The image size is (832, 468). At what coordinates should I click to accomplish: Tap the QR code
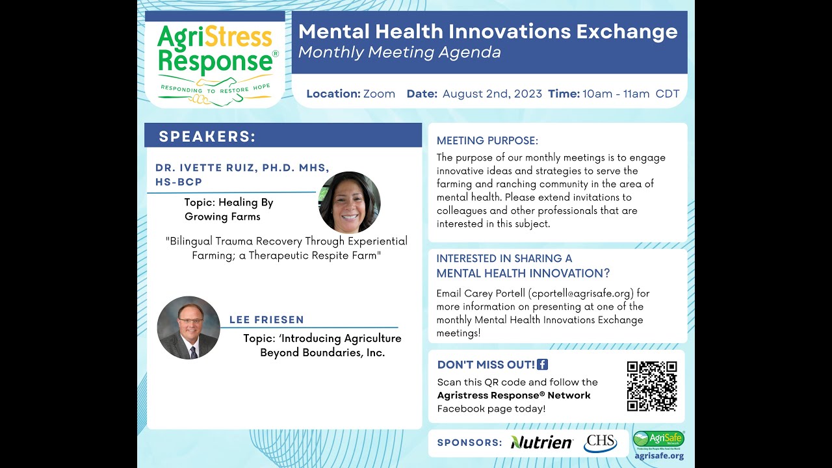[x=652, y=386]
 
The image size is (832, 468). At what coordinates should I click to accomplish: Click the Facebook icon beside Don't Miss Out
[x=543, y=365]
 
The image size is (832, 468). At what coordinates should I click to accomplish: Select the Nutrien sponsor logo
[x=541, y=443]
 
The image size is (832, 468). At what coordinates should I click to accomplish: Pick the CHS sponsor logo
[x=600, y=443]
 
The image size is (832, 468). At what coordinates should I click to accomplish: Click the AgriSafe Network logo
[x=658, y=439]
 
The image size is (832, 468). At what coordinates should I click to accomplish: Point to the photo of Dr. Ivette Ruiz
[x=349, y=203]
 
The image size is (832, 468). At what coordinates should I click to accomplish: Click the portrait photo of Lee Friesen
[x=188, y=328]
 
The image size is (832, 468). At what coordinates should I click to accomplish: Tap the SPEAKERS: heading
[x=207, y=136]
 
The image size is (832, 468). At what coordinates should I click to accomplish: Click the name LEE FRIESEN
[x=266, y=320]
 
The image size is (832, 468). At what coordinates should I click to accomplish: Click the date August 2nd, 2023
[x=492, y=94]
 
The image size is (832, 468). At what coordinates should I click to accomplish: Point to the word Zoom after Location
[x=379, y=94]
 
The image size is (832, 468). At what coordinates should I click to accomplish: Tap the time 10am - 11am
[x=616, y=94]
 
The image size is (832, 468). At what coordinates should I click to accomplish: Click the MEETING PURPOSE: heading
[x=487, y=140]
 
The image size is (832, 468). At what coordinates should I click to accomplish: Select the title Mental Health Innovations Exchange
[x=487, y=31]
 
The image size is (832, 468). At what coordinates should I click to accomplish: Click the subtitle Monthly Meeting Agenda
[x=399, y=53]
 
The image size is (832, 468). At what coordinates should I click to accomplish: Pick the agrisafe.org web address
[x=658, y=456]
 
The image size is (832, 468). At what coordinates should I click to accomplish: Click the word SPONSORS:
[x=469, y=443]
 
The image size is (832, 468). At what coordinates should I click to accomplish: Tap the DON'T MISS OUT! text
[x=486, y=365]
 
